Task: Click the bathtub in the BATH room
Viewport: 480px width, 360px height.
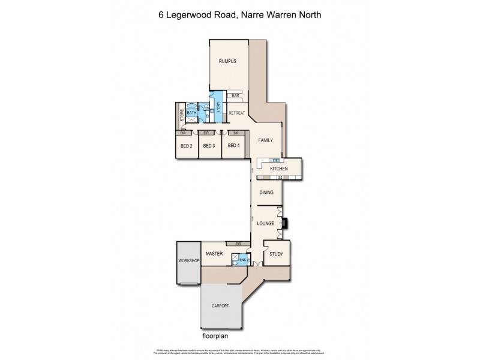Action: coord(193,119)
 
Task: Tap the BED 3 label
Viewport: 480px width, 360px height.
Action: coord(209,146)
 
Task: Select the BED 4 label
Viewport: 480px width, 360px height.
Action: coord(233,146)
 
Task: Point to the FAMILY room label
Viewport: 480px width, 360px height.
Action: coord(266,140)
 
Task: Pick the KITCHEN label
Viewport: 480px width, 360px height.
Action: coord(279,169)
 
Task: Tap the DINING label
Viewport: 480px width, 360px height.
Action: coord(267,193)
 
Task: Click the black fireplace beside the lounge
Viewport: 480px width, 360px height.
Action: coord(286,223)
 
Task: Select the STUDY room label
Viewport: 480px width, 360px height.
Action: coord(277,254)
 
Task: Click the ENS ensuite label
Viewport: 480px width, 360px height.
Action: coord(242,259)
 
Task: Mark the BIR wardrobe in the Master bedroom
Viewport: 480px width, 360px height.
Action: coord(239,244)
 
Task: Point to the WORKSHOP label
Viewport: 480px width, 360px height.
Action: coord(188,261)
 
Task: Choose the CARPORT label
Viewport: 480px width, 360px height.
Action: coord(220,306)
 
